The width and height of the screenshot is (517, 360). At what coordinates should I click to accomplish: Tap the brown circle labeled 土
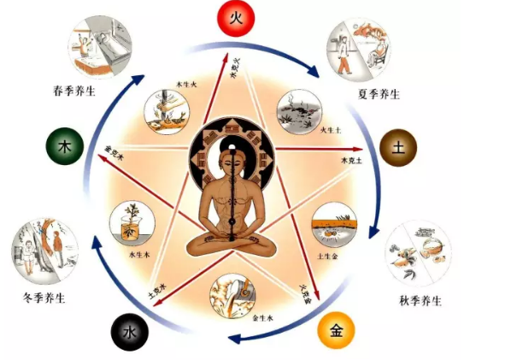coord(397,147)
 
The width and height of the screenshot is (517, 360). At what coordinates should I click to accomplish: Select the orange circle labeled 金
coord(336,330)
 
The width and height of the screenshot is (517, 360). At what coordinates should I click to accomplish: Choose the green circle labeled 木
coord(62,147)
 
